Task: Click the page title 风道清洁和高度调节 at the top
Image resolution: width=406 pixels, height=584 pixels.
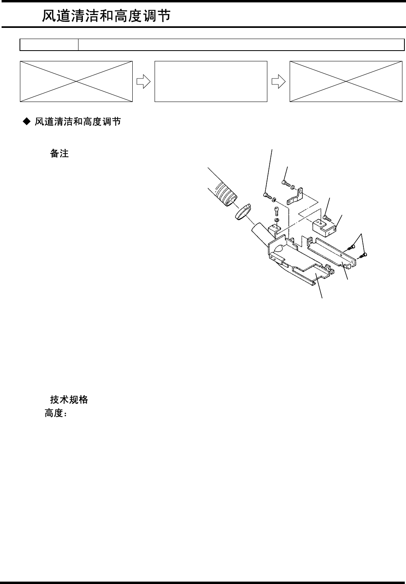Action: click(x=107, y=16)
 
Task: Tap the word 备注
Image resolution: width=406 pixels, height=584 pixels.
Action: click(x=59, y=154)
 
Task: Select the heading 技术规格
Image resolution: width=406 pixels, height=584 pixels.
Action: click(x=69, y=400)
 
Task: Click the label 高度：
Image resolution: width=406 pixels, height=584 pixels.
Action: click(x=55, y=414)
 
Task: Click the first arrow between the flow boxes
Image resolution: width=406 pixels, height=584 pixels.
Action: click(x=143, y=82)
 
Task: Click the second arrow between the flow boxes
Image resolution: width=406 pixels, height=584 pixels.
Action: click(x=278, y=82)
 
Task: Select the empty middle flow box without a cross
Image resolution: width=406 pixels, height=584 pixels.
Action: click(x=210, y=82)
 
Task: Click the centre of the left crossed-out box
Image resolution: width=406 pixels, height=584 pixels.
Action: click(x=76, y=82)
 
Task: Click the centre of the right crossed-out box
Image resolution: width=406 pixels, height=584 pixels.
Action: click(x=345, y=82)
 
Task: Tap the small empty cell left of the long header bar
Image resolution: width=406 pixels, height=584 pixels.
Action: click(x=49, y=45)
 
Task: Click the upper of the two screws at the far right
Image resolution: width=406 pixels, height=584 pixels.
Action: click(x=352, y=247)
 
